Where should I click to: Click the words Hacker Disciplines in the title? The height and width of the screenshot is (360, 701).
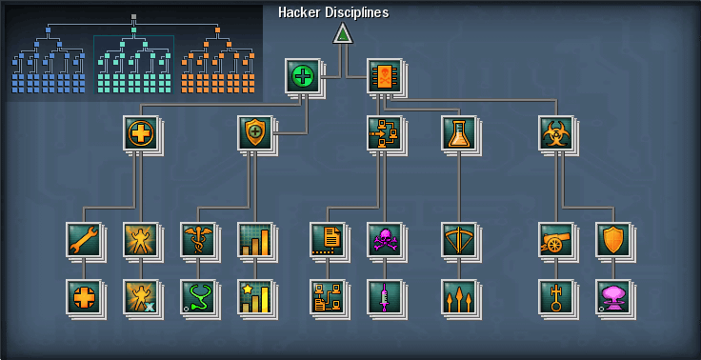tap(332, 12)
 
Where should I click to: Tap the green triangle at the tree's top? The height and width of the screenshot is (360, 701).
tap(343, 34)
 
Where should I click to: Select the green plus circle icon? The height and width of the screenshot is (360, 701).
tap(302, 75)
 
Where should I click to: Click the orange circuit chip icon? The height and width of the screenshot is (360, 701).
tap(384, 75)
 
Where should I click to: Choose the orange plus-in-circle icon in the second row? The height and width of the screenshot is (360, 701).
tap(140, 132)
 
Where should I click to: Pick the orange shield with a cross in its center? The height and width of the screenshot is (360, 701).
tap(254, 132)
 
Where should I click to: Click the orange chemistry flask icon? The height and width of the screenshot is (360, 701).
tap(458, 132)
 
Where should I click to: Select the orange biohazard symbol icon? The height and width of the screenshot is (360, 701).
tap(555, 132)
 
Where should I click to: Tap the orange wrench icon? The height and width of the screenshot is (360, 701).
tap(83, 239)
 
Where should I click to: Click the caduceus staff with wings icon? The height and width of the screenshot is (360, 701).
tap(197, 239)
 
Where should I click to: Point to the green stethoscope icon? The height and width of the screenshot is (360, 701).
tap(197, 296)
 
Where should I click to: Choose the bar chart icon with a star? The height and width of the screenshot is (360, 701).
tap(254, 296)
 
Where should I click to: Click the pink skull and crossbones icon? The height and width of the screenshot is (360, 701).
tap(384, 239)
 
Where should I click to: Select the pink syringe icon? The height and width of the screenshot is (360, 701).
tap(384, 296)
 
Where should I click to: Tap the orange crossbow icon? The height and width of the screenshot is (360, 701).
tap(458, 239)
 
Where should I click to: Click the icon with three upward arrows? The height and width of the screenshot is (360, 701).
tap(458, 296)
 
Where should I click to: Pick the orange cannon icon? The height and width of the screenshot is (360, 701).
tap(555, 239)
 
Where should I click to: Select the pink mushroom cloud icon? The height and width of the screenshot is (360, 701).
tap(612, 296)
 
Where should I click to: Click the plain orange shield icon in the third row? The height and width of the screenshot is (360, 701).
tap(612, 239)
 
